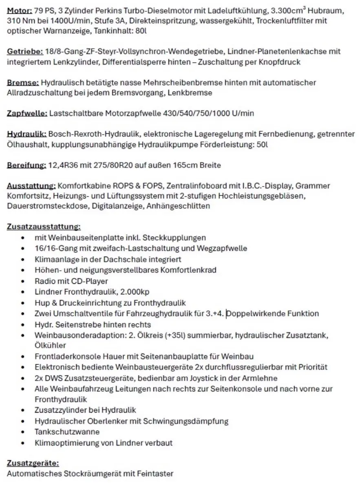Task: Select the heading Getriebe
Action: (x=25, y=51)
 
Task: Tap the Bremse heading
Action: (x=23, y=82)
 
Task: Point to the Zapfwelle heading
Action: (x=27, y=113)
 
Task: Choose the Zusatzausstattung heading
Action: (x=44, y=227)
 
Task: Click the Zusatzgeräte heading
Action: (x=33, y=463)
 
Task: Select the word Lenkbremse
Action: (x=193, y=93)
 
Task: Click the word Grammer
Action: (x=313, y=186)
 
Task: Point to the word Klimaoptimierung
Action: (x=63, y=443)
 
